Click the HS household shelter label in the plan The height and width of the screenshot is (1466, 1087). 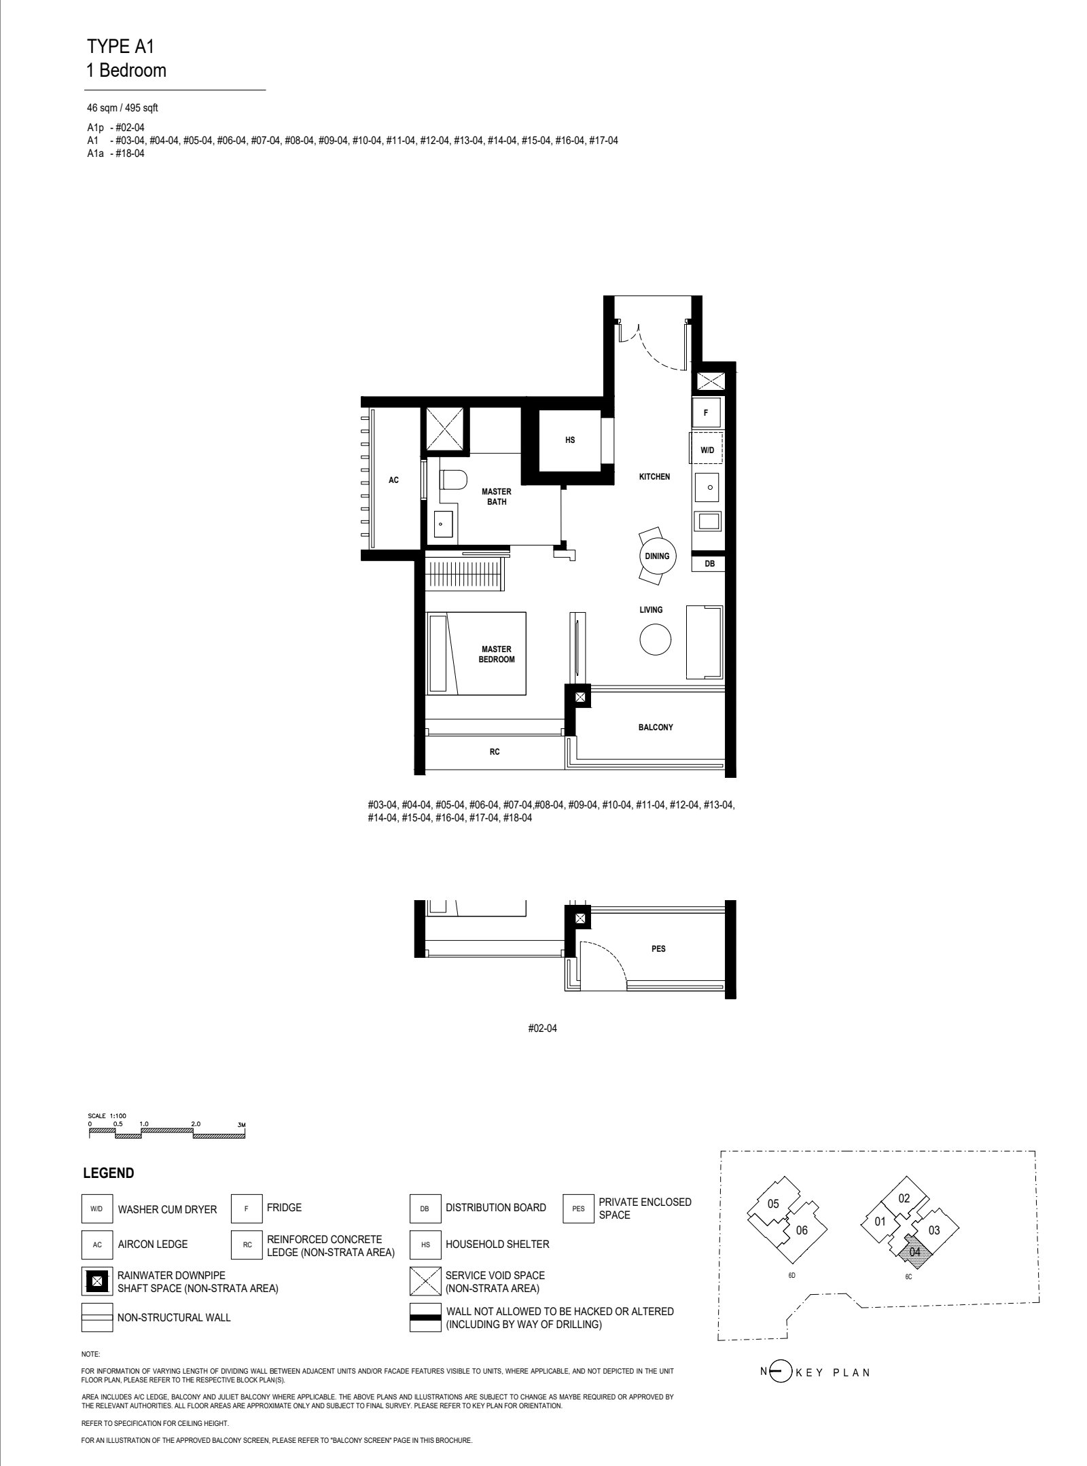[569, 440]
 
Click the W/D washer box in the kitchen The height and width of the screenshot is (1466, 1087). [707, 450]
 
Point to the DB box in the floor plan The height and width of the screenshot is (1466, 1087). [709, 563]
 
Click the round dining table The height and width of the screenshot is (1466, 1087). [657, 556]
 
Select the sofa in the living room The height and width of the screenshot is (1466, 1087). [705, 641]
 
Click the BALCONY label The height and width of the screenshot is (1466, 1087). [656, 727]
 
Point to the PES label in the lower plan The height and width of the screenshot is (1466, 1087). [658, 949]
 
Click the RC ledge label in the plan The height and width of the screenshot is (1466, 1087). [495, 752]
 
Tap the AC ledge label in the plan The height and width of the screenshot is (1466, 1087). [393, 480]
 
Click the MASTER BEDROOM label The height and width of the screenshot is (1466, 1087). [497, 654]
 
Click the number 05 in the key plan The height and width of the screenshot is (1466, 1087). [773, 1204]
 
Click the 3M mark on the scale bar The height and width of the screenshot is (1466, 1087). [240, 1125]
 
